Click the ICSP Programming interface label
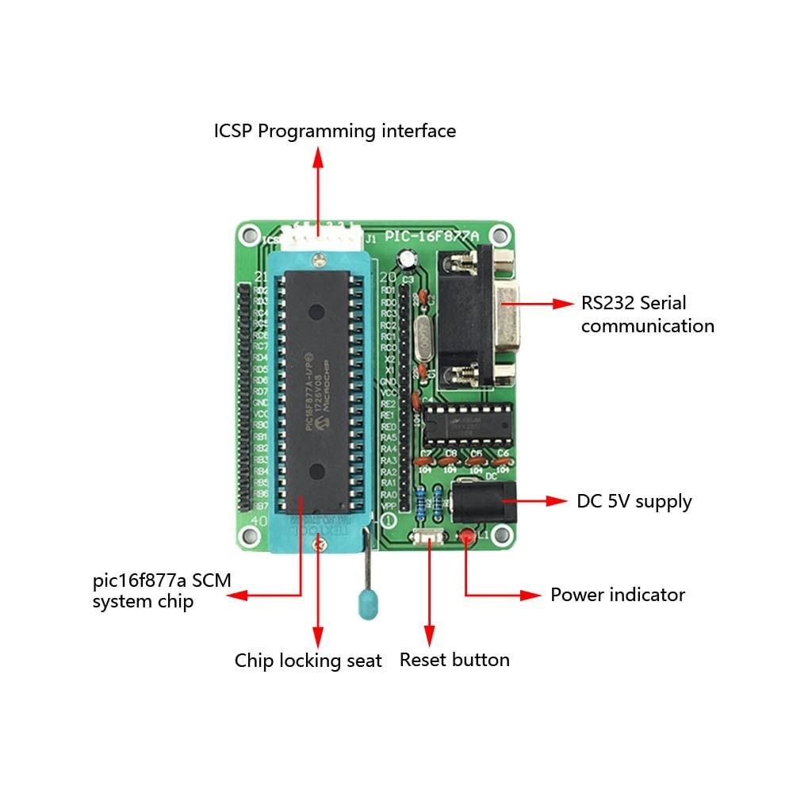coord(335,131)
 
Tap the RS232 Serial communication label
coord(647,314)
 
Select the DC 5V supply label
coord(634,501)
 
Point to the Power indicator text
coord(618,595)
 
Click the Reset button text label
coord(454,660)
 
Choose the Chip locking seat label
coord(308,661)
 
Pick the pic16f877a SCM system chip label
coord(162,591)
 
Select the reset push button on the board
coord(429,538)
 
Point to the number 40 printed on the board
coord(259,521)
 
